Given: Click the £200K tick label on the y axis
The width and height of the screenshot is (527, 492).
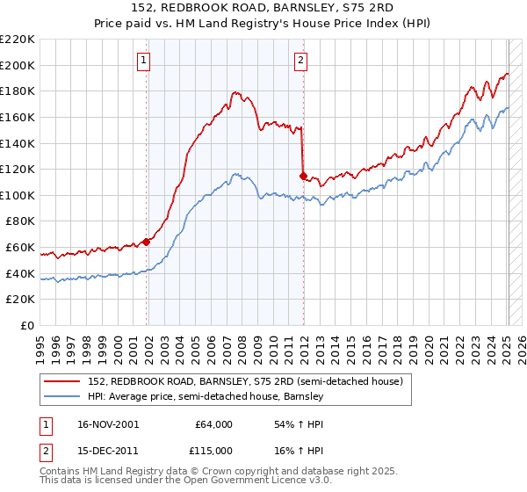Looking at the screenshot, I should pyautogui.click(x=18, y=65).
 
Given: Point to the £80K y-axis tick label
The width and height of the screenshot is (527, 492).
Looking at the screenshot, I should pyautogui.click(x=20, y=221).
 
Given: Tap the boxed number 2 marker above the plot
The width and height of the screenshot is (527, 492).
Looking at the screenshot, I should pyautogui.click(x=300, y=61).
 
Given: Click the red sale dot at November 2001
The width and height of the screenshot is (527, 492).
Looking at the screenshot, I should pyautogui.click(x=147, y=242).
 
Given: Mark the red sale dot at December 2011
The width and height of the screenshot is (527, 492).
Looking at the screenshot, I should pyautogui.click(x=303, y=176).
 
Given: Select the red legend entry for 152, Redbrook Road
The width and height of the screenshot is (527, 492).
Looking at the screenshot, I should pyautogui.click(x=245, y=382).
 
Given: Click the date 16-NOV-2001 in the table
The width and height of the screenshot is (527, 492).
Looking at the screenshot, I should pyautogui.click(x=108, y=424).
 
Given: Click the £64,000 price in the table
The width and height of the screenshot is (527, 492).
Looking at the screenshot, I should pyautogui.click(x=213, y=424).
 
